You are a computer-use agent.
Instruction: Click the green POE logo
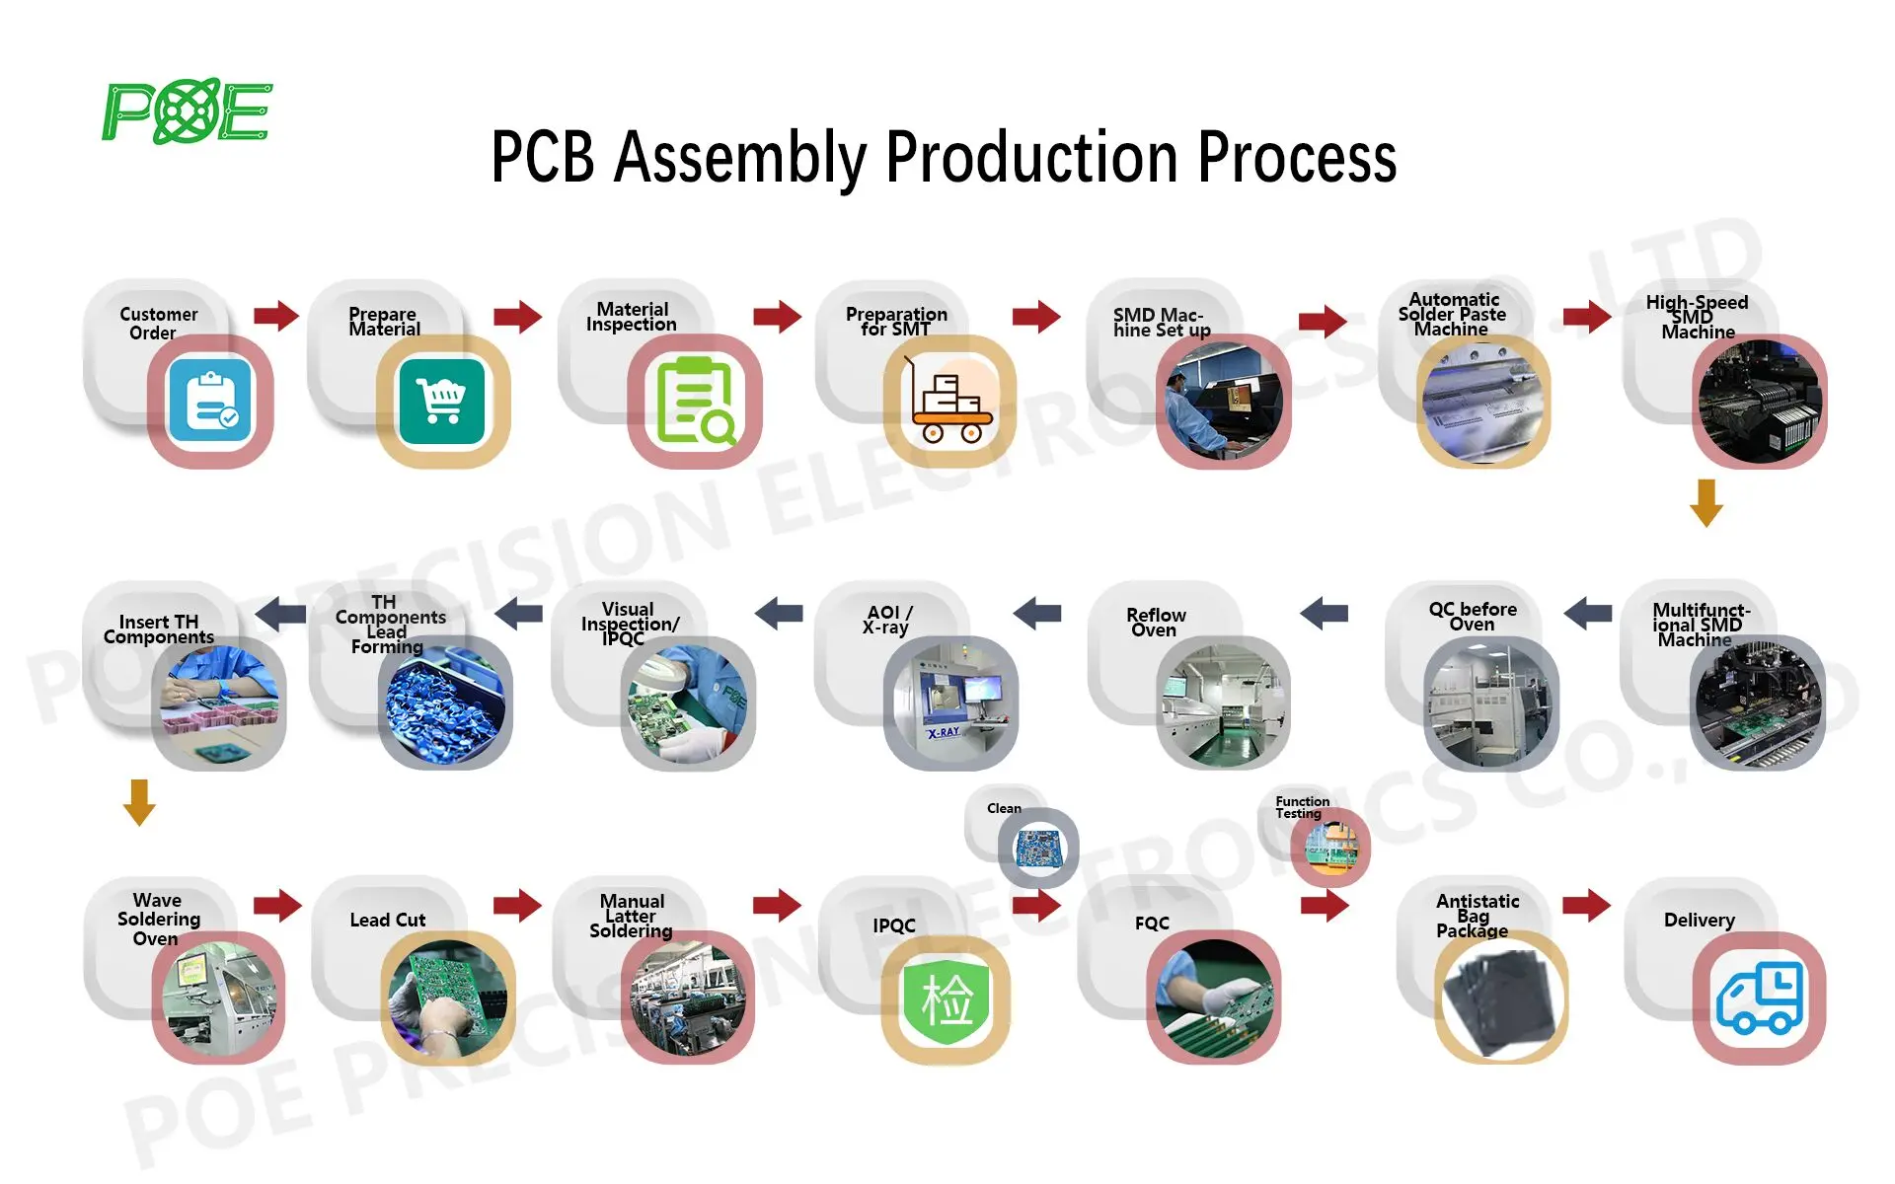point(187,111)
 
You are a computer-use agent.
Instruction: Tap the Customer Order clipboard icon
point(210,402)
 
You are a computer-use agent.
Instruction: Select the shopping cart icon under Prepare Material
point(442,402)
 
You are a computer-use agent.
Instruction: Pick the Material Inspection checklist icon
point(695,402)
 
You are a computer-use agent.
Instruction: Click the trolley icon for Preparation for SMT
point(949,402)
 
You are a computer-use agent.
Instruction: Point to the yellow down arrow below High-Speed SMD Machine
point(1705,502)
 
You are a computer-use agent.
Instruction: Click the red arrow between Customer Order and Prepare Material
point(276,316)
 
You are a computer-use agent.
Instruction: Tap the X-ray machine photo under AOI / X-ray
point(950,703)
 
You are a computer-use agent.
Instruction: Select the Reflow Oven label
point(1156,623)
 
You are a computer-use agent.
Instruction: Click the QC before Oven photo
point(1490,703)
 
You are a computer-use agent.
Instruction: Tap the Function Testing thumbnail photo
point(1330,848)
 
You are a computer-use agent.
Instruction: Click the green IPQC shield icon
point(946,998)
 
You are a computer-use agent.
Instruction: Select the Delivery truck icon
point(1759,998)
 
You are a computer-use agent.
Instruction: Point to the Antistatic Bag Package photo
point(1500,998)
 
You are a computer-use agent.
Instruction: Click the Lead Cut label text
point(388,920)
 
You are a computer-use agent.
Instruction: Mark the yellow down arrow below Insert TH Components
point(139,801)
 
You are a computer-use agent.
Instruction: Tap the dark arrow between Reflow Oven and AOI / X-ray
point(1037,613)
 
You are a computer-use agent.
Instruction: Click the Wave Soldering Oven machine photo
point(218,998)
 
